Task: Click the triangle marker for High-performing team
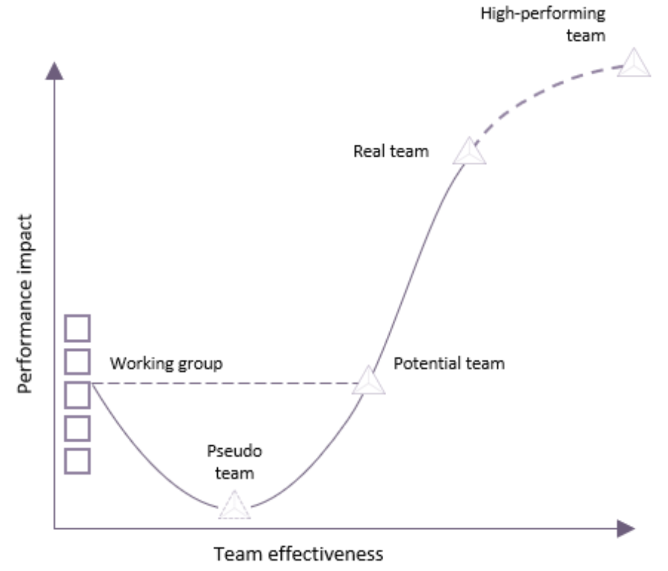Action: (634, 64)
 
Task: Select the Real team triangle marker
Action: (469, 152)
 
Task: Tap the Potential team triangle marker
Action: (368, 382)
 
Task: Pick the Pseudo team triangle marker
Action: (234, 506)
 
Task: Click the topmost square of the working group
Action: (77, 328)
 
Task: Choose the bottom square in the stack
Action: (77, 461)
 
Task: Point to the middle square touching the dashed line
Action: (77, 395)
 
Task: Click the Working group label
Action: (166, 363)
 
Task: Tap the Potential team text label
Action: (449, 363)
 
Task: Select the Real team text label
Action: (391, 151)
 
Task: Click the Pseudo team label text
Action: (234, 462)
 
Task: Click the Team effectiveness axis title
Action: (298, 554)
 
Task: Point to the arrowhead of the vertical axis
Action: (55, 70)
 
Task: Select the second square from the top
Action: (77, 361)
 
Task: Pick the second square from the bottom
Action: (77, 428)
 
